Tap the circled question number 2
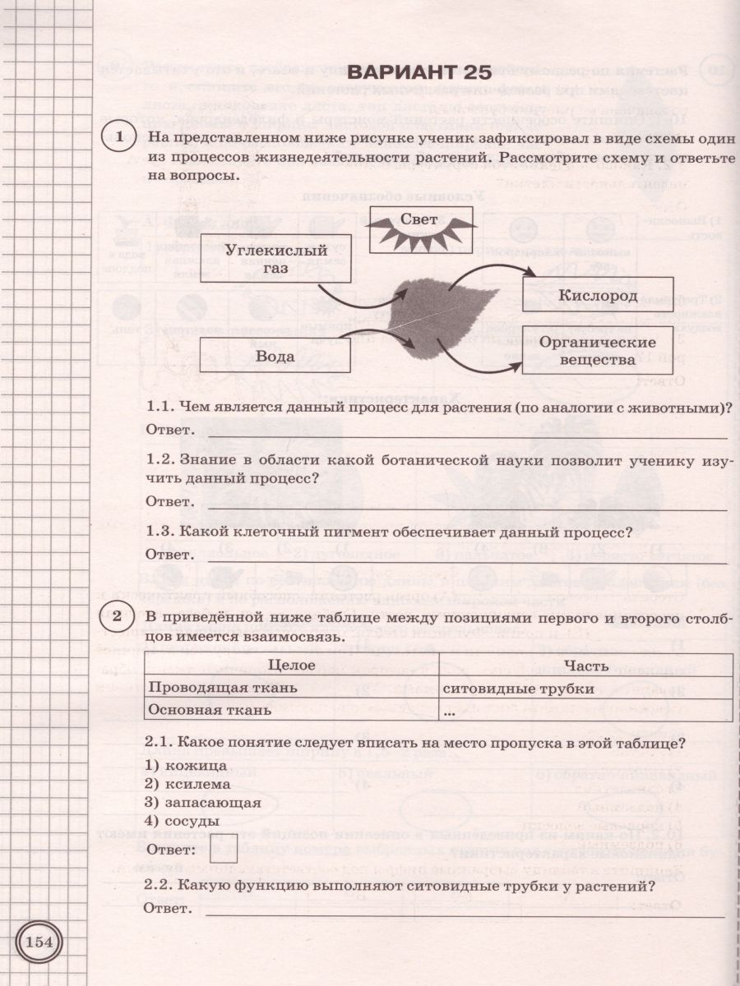[119, 615]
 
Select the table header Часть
[586, 666]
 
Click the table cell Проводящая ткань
[221, 689]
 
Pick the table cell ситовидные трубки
[518, 689]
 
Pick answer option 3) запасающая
[202, 802]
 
